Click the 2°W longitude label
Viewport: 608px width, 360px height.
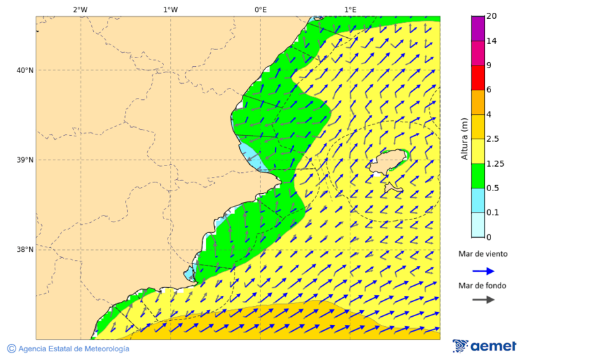tap(80, 9)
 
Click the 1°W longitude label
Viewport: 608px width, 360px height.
tap(170, 9)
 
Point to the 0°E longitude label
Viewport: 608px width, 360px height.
tap(260, 9)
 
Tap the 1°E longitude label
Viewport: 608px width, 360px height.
tap(351, 9)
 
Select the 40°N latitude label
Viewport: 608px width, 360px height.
tap(25, 70)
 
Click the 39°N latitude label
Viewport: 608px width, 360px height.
tap(25, 160)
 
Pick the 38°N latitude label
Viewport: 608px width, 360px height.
tap(25, 250)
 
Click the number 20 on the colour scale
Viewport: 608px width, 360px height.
tap(491, 16)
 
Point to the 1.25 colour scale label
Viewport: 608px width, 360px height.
tap(495, 163)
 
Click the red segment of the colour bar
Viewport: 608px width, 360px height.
tap(478, 78)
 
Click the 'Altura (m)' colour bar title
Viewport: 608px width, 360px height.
tap(464, 138)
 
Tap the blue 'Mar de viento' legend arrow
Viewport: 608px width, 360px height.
tap(483, 271)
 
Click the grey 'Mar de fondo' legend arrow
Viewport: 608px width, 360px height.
tap(483, 300)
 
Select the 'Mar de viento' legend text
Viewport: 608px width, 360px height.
tap(482, 255)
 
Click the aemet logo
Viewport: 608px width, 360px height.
tap(484, 346)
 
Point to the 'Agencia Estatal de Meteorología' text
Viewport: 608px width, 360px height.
tap(74, 349)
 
